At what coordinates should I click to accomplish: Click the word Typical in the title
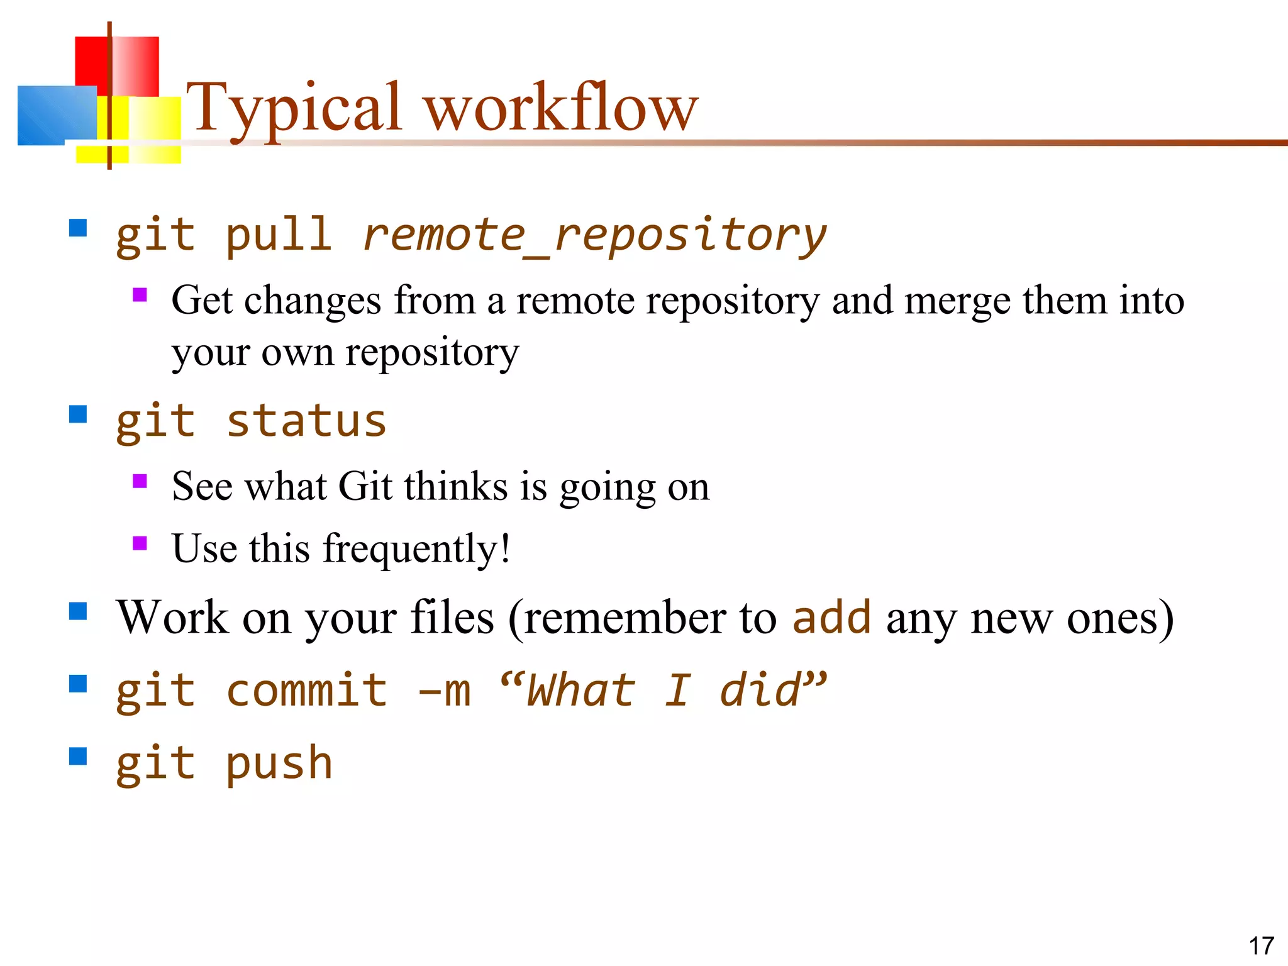click(x=293, y=108)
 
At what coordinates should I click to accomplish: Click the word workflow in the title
click(x=561, y=108)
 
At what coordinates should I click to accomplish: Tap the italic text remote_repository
click(x=594, y=236)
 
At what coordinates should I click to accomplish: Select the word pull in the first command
click(x=278, y=236)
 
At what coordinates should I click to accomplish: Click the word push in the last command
click(x=278, y=763)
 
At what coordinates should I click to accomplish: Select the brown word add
click(x=831, y=618)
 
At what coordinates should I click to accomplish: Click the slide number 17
click(x=1261, y=946)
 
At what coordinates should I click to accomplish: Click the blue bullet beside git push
click(x=78, y=756)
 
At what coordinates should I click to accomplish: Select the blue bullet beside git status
click(x=78, y=414)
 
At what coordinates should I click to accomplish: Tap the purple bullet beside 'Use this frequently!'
click(x=140, y=543)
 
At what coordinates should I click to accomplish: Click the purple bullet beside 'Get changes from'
click(x=140, y=295)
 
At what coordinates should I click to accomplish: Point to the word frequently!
click(x=416, y=548)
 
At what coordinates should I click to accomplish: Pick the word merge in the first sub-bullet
click(x=957, y=301)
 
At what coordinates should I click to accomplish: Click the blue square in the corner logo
click(x=57, y=115)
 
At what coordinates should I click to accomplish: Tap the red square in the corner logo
click(x=117, y=66)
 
